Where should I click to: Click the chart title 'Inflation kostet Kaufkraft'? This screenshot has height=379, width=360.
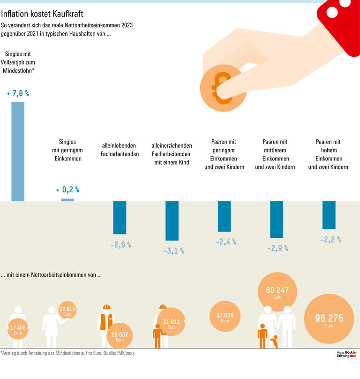point(42,14)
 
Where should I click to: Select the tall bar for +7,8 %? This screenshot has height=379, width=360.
point(18,152)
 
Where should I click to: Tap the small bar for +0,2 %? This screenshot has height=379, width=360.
point(67,200)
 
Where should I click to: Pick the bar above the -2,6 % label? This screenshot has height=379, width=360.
point(120,218)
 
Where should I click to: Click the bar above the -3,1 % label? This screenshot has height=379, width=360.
point(172,220)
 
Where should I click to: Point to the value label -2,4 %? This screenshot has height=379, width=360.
point(225,242)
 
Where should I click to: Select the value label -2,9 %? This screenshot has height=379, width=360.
point(277,248)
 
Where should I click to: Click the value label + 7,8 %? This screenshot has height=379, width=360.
point(18,94)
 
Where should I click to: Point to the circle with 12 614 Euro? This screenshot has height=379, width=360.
point(67,311)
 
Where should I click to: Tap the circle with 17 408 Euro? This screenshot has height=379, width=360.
point(18,329)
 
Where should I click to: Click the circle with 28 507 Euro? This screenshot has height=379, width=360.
point(120,336)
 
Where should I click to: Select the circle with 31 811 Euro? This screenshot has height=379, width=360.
point(172,323)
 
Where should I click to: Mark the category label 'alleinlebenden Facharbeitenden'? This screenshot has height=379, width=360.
point(120,150)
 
